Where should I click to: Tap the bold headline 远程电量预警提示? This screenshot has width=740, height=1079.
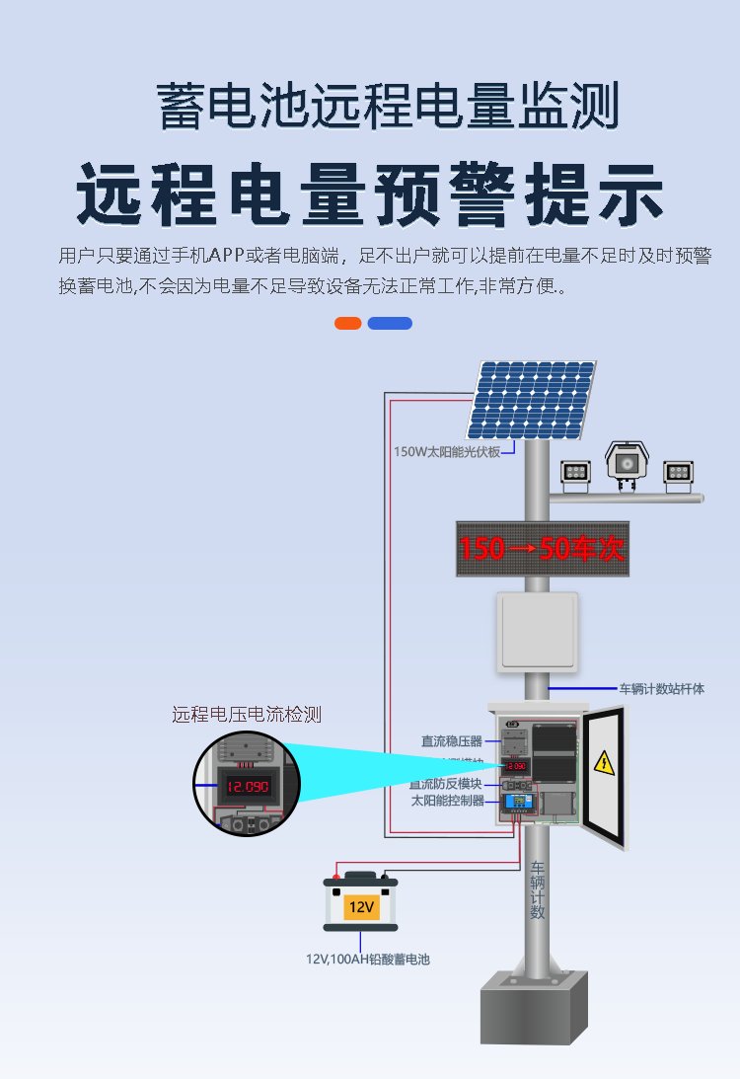point(370,194)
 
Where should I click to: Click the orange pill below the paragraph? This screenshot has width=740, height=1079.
point(347,324)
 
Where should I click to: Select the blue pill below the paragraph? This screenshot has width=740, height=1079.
point(390,324)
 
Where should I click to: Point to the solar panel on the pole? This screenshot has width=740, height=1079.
point(532,400)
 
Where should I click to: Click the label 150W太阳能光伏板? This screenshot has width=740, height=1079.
point(447,451)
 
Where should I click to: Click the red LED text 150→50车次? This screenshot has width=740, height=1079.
point(542,549)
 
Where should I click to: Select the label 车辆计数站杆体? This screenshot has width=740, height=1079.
point(661,688)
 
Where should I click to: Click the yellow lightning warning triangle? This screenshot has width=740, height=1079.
point(602,762)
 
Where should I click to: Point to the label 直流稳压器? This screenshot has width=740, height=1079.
point(452,740)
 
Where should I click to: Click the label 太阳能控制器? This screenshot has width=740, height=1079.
point(448,801)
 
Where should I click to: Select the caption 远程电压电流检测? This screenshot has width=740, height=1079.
point(247,714)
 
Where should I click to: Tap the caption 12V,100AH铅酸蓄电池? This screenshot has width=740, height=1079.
point(367,959)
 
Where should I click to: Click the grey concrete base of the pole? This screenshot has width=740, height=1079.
point(534,1007)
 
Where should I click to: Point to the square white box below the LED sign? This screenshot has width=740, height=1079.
point(537,631)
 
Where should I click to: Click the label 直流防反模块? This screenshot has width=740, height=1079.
point(446,784)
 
